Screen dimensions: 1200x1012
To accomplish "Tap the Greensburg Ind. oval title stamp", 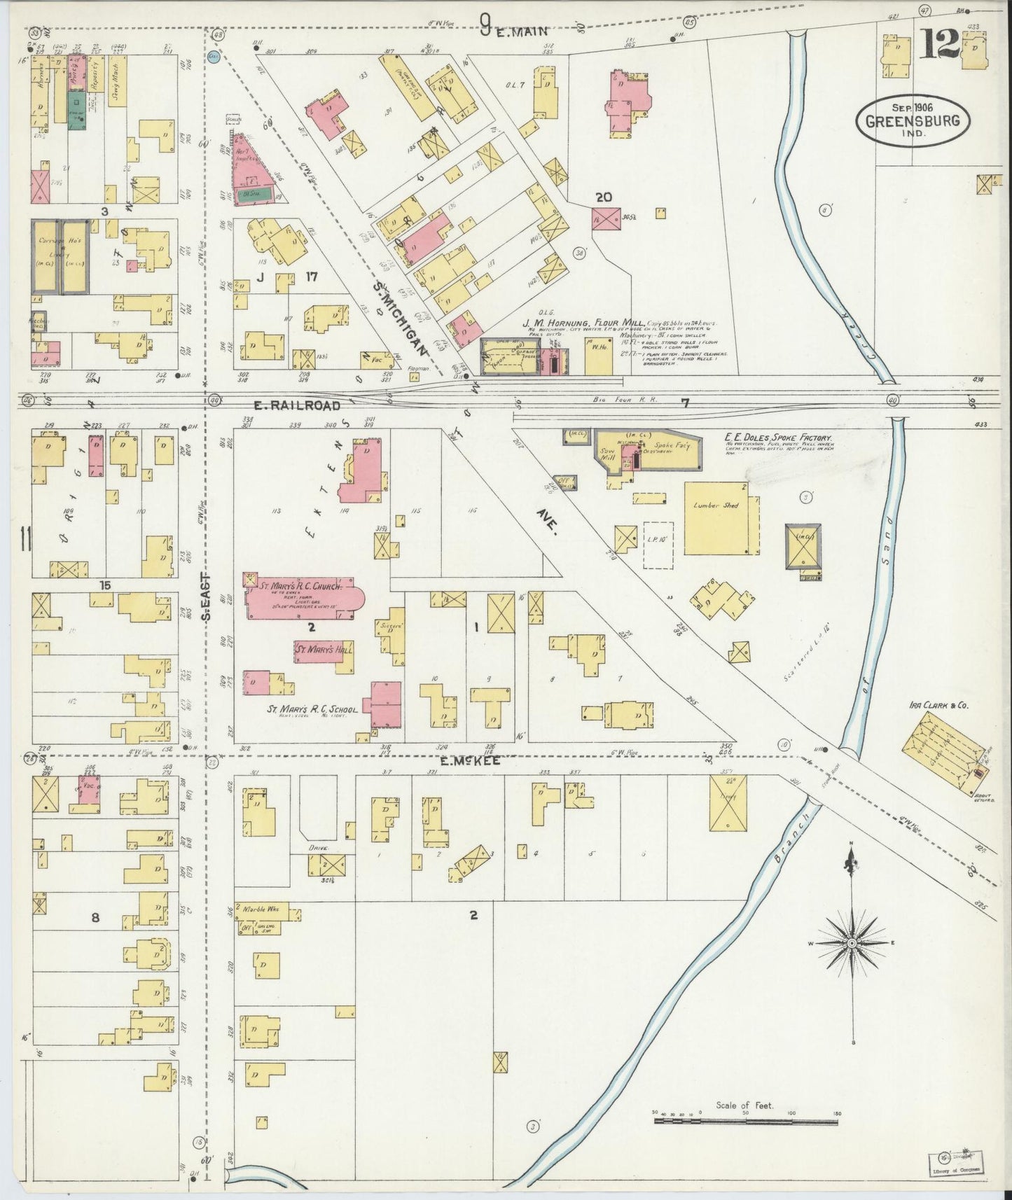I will [915, 120].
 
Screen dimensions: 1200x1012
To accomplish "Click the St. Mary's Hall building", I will [323, 650].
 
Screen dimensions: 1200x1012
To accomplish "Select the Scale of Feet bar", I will [745, 1121].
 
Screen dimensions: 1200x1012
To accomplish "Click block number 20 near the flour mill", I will [604, 197].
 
